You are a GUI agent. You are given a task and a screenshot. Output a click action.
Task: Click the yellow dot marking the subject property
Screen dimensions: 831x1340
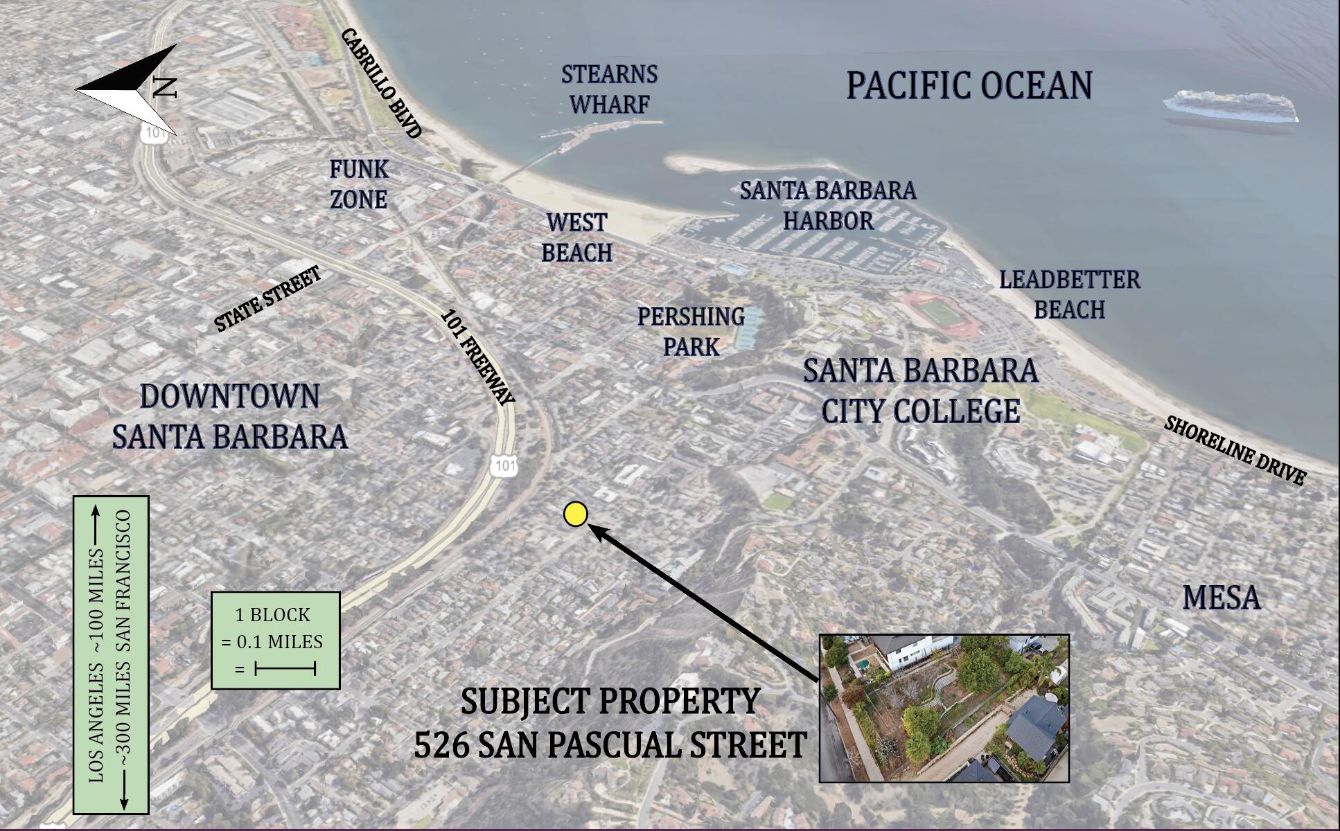pyautogui.click(x=575, y=514)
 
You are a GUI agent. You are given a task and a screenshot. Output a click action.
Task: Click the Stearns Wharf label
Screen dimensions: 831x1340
pyautogui.click(x=609, y=89)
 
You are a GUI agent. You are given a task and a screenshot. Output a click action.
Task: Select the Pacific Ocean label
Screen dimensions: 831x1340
pyautogui.click(x=969, y=86)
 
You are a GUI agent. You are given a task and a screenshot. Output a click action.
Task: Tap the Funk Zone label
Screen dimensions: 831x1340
pyautogui.click(x=358, y=184)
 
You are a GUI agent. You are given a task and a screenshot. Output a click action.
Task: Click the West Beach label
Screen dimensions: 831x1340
pyautogui.click(x=576, y=238)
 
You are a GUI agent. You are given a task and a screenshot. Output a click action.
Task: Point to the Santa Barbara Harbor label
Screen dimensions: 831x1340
pyautogui.click(x=828, y=205)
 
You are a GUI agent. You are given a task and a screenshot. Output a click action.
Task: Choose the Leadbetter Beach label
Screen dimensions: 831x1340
pyautogui.click(x=1069, y=294)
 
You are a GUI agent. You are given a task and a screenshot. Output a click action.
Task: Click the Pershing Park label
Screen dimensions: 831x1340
pyautogui.click(x=691, y=331)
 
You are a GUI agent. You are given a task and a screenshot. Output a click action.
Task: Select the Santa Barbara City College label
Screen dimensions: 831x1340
pyautogui.click(x=920, y=391)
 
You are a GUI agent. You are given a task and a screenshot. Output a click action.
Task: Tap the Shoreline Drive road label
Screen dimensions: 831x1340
pyautogui.click(x=1235, y=450)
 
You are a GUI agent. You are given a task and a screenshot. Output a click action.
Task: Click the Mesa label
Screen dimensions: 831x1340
pyautogui.click(x=1221, y=598)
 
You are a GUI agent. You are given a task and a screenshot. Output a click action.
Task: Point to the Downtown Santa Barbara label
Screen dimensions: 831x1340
pyautogui.click(x=229, y=416)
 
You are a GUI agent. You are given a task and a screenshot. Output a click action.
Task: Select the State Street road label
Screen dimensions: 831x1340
pyautogui.click(x=267, y=299)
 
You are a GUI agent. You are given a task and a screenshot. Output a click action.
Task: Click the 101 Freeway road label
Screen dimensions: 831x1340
pyautogui.click(x=478, y=357)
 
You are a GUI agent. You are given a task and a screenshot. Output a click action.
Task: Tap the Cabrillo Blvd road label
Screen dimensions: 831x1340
pyautogui.click(x=382, y=83)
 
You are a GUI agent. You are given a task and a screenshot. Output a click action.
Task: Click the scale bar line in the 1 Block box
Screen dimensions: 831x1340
pyautogui.click(x=285, y=668)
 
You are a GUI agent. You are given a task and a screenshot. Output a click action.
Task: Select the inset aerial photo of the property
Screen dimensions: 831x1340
pyautogui.click(x=944, y=708)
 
